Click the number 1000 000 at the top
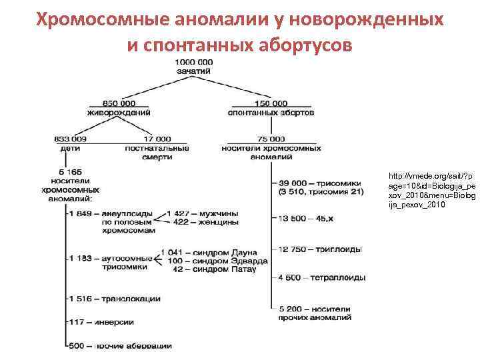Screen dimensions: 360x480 click(195, 62)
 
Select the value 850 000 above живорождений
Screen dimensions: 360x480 click(119, 103)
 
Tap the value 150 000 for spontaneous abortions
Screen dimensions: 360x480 click(271, 103)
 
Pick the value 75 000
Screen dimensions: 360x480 click(271, 139)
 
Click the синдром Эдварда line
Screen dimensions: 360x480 click(217, 261)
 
